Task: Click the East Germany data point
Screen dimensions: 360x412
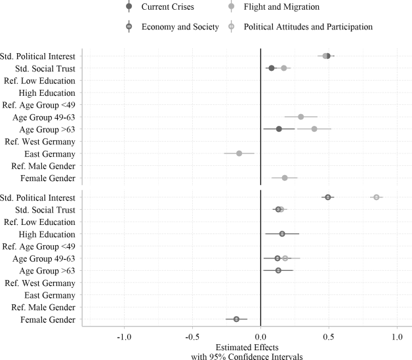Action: (239, 153)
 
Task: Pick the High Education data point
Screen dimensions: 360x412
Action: (282, 234)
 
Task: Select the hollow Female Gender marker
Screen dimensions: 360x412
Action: (236, 319)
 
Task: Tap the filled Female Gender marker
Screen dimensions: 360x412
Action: (285, 178)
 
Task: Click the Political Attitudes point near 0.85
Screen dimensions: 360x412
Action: (377, 197)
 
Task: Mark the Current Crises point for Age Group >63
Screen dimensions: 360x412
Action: (279, 129)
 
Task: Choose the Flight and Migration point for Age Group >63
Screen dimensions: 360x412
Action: (314, 129)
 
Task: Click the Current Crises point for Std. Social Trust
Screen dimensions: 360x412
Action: (272, 68)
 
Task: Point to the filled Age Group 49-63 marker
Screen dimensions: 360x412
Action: (301, 117)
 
